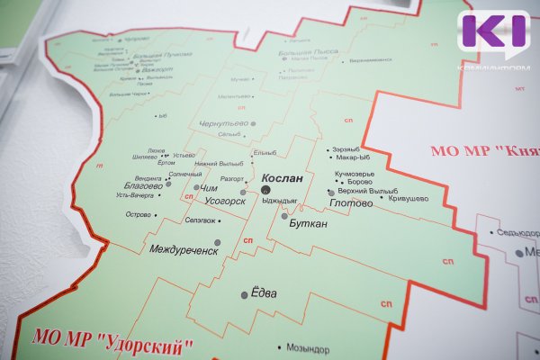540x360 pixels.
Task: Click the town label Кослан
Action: click(279, 179)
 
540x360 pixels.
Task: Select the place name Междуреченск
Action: click(184, 249)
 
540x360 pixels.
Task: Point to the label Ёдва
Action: click(263, 293)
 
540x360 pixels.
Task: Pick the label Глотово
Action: click(352, 203)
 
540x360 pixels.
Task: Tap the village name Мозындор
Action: click(310, 346)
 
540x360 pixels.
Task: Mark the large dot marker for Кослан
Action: click(253, 179)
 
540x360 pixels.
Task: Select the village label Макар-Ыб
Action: click(352, 157)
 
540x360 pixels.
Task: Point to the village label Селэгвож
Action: click(202, 220)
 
